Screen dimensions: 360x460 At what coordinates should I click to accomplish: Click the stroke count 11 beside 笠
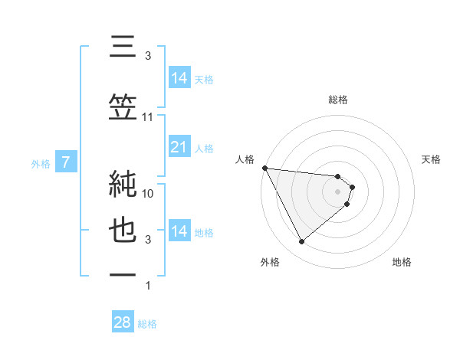click(x=148, y=117)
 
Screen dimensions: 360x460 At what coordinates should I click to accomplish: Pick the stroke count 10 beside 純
click(x=148, y=194)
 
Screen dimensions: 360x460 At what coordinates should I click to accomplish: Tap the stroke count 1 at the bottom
click(x=148, y=286)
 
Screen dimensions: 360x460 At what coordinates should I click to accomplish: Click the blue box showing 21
click(x=179, y=147)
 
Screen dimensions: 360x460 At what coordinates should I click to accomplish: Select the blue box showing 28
click(x=123, y=322)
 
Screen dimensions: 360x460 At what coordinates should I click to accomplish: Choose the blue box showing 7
click(x=66, y=162)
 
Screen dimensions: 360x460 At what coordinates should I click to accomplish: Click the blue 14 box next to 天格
click(x=179, y=78)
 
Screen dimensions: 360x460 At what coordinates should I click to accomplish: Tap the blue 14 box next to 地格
click(x=179, y=231)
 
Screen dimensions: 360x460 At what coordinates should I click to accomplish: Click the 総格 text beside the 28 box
click(x=147, y=324)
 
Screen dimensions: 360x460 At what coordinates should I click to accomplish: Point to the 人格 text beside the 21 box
click(x=204, y=148)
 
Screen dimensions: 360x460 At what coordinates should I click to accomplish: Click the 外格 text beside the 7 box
click(x=41, y=163)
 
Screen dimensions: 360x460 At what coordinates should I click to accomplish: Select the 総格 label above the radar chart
click(x=337, y=100)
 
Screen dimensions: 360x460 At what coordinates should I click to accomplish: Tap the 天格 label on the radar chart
click(x=432, y=159)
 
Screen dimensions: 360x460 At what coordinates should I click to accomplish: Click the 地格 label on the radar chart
click(x=402, y=262)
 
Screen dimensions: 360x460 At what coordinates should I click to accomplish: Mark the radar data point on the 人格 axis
click(x=264, y=168)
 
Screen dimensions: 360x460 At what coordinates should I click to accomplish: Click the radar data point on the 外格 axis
click(x=301, y=242)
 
